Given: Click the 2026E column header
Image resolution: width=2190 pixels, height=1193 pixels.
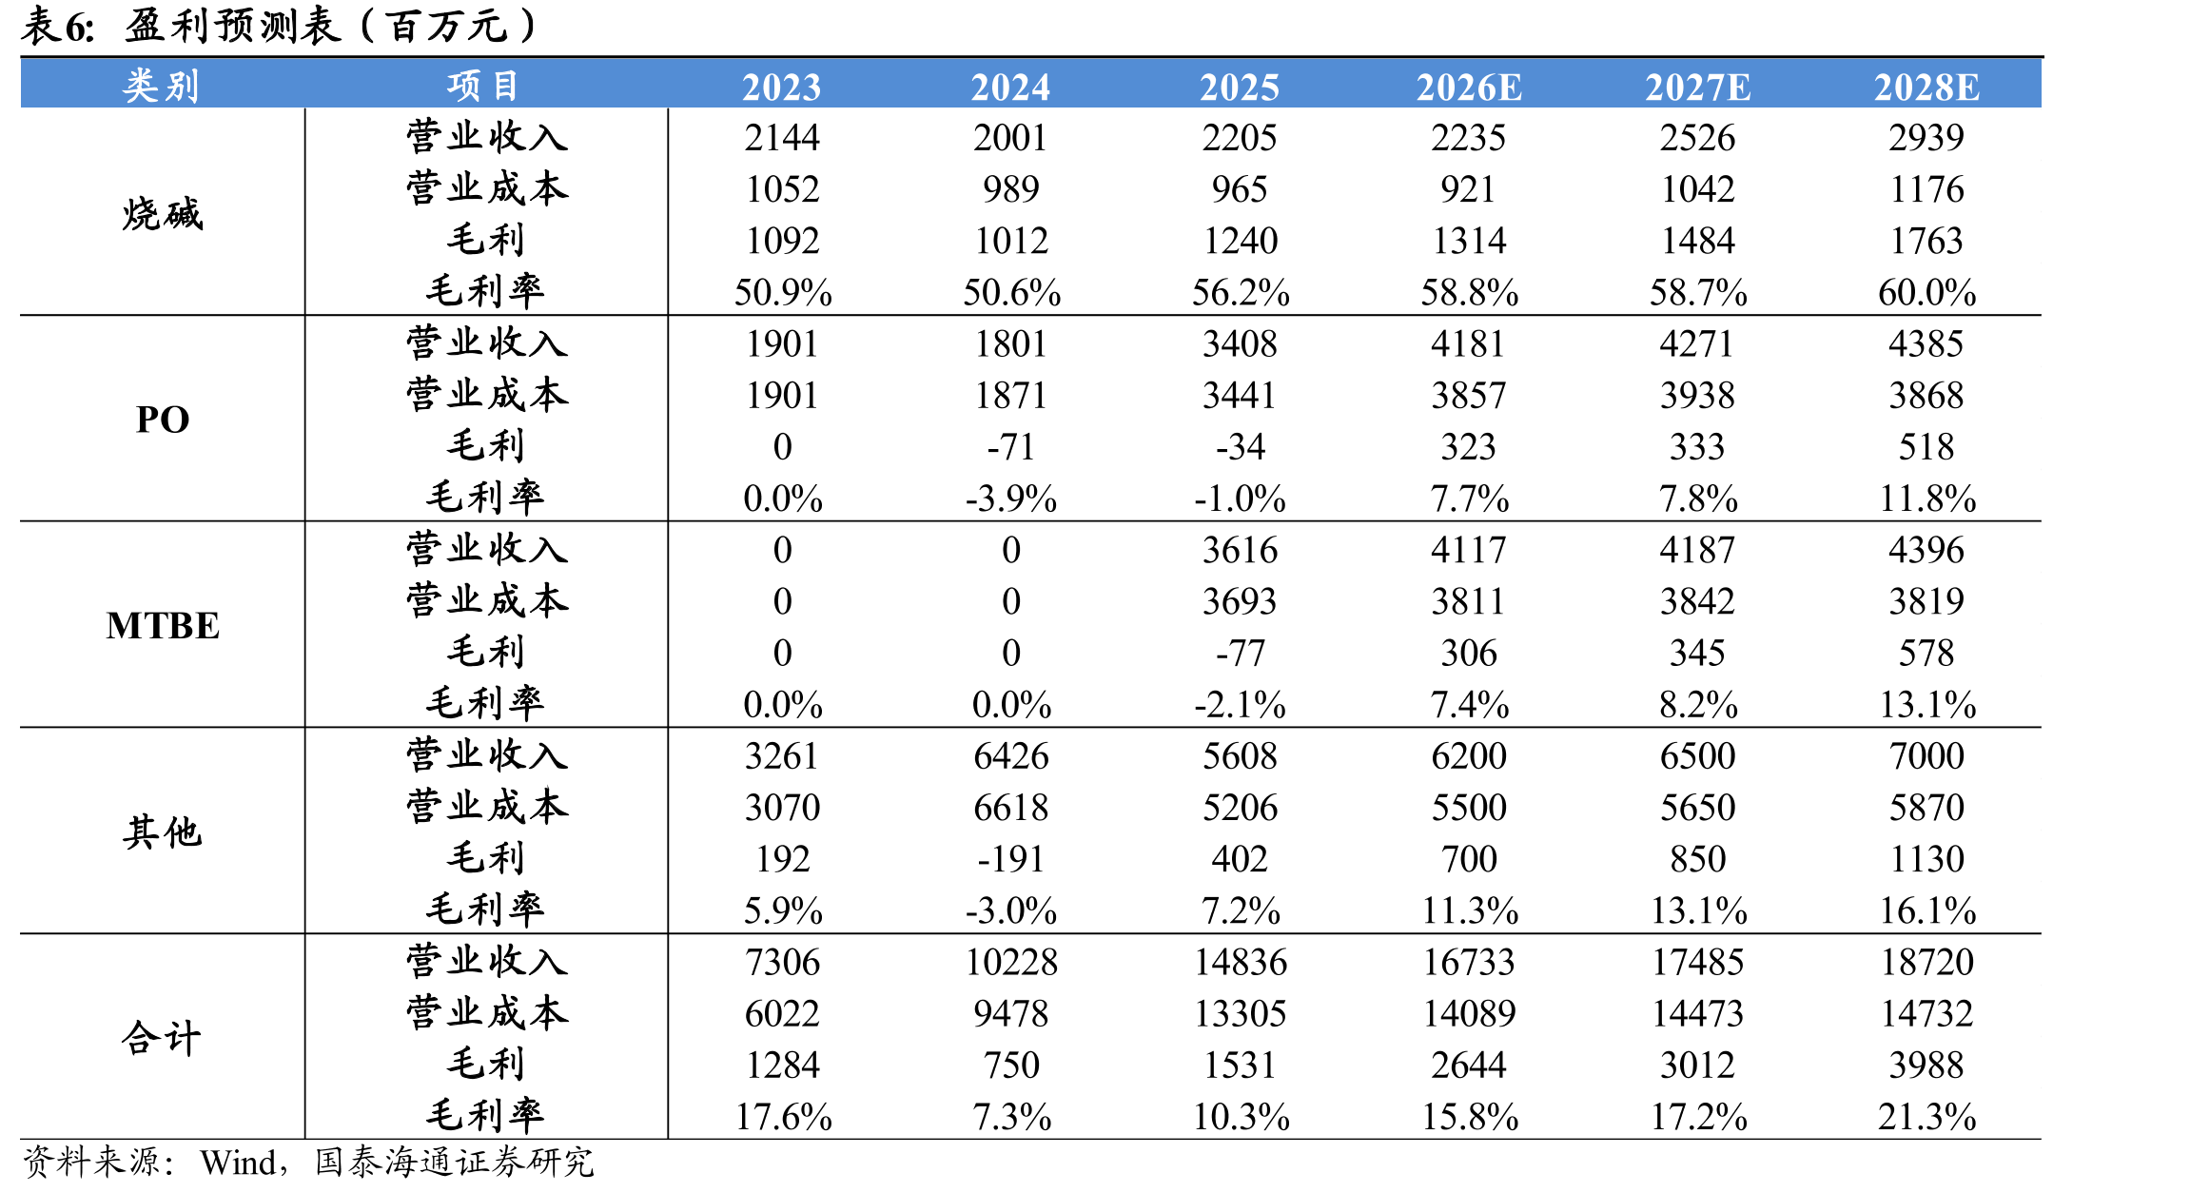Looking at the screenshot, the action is coord(1469,88).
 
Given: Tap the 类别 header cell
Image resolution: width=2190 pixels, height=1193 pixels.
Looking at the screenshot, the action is coord(162,86).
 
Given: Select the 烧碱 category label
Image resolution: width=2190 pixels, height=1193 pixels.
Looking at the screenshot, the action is coord(163,213).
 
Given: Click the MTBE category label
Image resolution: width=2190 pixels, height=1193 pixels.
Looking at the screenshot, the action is coord(163,625).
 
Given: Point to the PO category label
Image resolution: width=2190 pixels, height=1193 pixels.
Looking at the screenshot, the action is coord(163,420).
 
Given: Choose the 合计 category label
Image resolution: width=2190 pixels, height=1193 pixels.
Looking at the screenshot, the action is coord(162,1037).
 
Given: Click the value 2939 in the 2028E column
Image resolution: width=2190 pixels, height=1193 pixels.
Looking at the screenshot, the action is coord(1926,138).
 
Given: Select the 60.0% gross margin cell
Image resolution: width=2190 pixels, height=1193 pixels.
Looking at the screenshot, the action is coord(1926,292).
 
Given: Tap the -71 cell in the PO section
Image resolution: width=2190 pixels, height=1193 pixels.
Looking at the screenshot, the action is coord(1011,447).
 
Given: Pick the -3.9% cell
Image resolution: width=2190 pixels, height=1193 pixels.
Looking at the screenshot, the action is coord(1011,499).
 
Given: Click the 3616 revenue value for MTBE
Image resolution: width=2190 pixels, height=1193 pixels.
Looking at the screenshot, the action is coord(1240,550).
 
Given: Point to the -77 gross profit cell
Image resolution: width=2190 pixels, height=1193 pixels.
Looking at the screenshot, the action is coord(1240,654).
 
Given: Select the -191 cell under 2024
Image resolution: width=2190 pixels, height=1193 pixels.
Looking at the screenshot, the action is coord(1011,859).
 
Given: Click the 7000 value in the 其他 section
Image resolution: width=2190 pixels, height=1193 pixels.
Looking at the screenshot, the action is coord(1926,756).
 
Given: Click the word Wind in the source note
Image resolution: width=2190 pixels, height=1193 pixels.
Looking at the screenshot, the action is coord(237,1163).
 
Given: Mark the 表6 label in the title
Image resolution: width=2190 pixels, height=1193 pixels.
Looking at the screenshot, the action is coord(57,26).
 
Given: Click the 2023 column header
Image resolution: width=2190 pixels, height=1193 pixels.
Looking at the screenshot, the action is coord(782,88).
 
